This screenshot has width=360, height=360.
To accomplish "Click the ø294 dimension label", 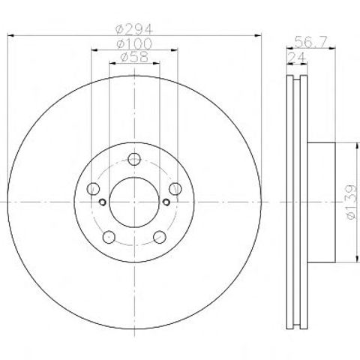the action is [x=133, y=30].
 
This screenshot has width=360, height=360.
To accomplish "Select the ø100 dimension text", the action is [x=134, y=44].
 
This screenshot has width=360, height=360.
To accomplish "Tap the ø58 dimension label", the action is [x=134, y=57].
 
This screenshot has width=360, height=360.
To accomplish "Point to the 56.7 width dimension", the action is [x=310, y=42].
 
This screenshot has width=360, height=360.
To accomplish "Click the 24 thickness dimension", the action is [x=297, y=58].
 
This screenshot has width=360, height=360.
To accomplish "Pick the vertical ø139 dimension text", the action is [x=351, y=202].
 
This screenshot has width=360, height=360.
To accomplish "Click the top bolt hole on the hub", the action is [x=134, y=159].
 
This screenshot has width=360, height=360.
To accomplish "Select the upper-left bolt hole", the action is [x=93, y=189].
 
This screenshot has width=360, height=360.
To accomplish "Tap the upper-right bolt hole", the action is [x=175, y=189].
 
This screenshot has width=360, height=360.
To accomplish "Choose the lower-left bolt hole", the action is [x=109, y=237].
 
